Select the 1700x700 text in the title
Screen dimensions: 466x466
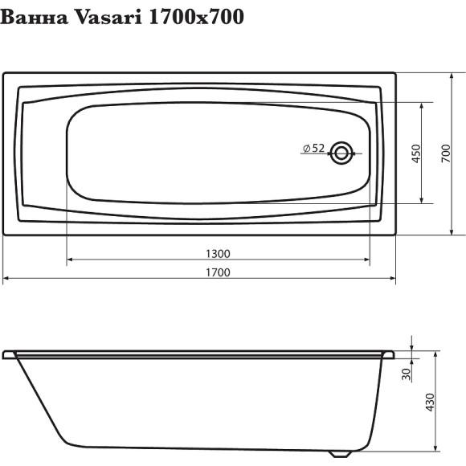click(198, 17)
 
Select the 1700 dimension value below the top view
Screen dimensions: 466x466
click(218, 272)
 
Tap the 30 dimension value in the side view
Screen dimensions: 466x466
click(406, 373)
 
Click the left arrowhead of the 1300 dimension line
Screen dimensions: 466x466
click(69, 260)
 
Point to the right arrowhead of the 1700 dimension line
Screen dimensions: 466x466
click(393, 279)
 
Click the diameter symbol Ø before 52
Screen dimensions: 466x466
click(306, 148)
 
